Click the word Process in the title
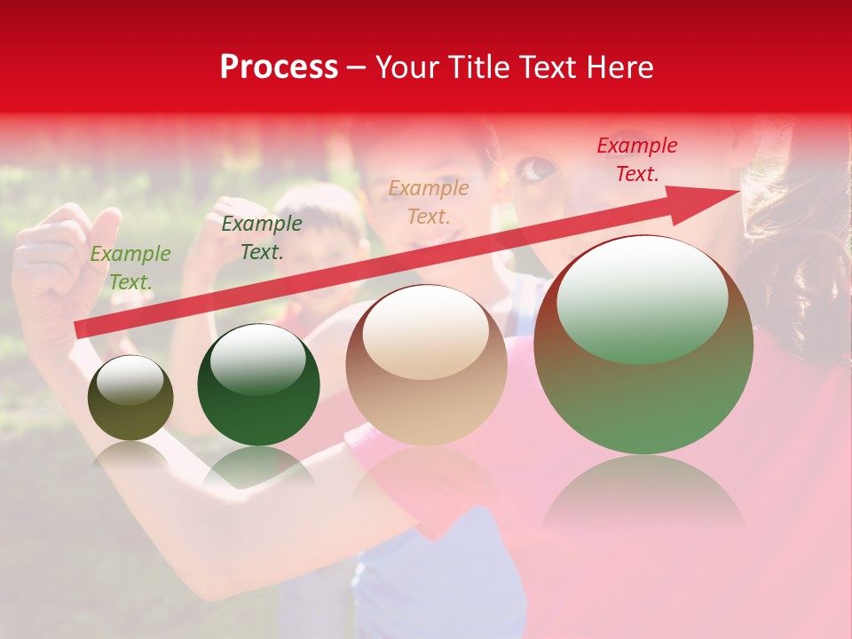pos(279,67)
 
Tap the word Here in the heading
pos(620,67)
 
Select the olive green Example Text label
pos(130,267)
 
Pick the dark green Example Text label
pos(262,237)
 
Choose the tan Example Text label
pos(429,201)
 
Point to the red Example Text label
pos(637,160)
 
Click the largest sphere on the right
pos(643,346)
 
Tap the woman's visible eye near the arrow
pos(533,168)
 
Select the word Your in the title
pos(409,67)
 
